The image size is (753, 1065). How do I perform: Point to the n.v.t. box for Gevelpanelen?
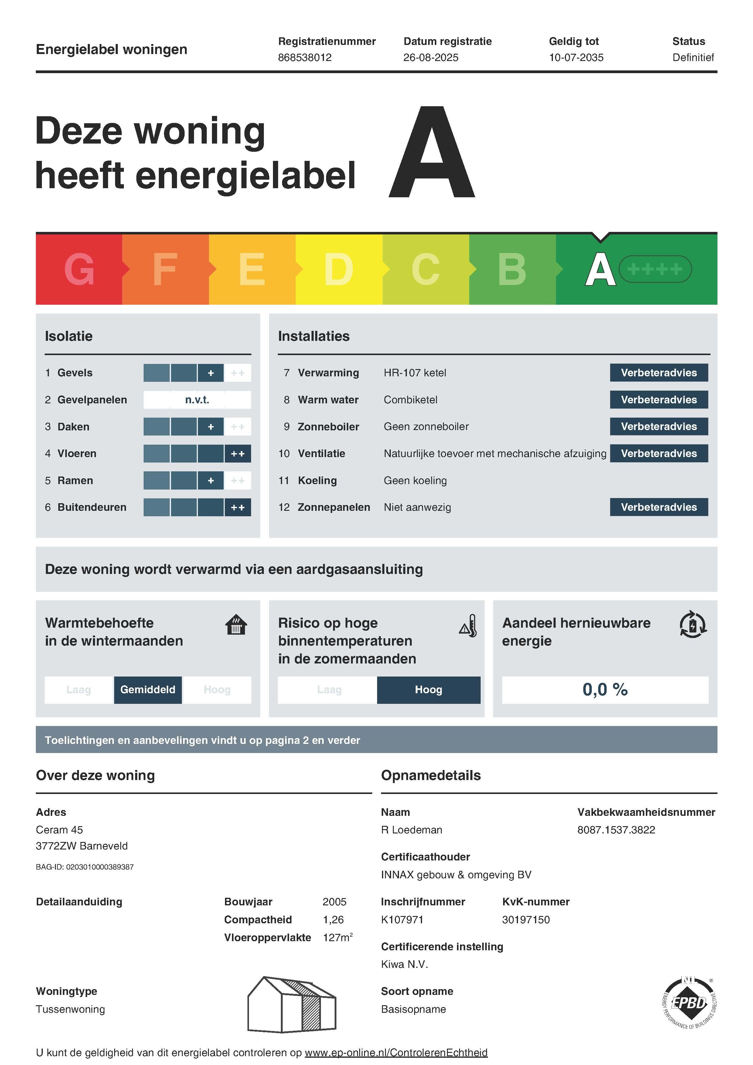(x=197, y=400)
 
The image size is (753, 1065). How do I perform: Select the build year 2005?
(x=334, y=901)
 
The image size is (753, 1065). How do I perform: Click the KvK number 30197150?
(x=525, y=919)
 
